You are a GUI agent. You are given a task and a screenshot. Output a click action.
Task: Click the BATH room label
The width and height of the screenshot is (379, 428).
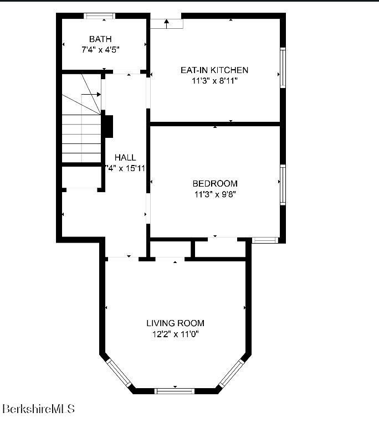pyautogui.click(x=100, y=39)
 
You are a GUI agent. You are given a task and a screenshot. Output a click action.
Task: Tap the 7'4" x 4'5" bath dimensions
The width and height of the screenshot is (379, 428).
pyautogui.click(x=100, y=49)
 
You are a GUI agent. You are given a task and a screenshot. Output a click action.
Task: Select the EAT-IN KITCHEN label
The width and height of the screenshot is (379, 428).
pyautogui.click(x=214, y=70)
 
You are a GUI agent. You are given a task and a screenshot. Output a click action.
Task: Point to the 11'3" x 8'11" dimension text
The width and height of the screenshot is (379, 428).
pyautogui.click(x=214, y=80)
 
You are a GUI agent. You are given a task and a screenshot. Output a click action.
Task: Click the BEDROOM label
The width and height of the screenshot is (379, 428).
pyautogui.click(x=215, y=183)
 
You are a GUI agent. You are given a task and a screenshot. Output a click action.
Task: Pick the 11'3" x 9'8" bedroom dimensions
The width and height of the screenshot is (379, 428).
pyautogui.click(x=215, y=194)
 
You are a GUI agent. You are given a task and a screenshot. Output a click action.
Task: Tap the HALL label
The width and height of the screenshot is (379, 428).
pyautogui.click(x=125, y=158)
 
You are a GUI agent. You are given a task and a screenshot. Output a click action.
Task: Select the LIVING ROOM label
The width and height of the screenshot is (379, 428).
pyautogui.click(x=175, y=323)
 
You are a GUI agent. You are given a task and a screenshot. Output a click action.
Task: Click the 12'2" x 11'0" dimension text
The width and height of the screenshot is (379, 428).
pyautogui.click(x=175, y=334)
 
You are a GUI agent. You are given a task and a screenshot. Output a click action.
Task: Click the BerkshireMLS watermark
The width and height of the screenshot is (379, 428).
pyautogui.click(x=39, y=409)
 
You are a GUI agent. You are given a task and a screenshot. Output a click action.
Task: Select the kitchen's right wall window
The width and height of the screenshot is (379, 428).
pyautogui.click(x=283, y=68)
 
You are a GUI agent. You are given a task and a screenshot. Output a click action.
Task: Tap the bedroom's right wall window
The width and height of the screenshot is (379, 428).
pyautogui.click(x=283, y=184)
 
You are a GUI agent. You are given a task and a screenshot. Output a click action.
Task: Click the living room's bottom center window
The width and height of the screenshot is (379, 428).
pyautogui.click(x=175, y=391)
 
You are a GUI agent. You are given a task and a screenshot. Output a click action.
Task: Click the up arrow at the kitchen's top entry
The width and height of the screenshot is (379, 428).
pyautogui.click(x=167, y=24)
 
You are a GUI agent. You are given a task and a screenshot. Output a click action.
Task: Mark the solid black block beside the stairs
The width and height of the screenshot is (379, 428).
pyautogui.click(x=108, y=126)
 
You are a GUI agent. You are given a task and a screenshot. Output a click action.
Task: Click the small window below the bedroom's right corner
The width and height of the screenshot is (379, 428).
pyautogui.click(x=264, y=240)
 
